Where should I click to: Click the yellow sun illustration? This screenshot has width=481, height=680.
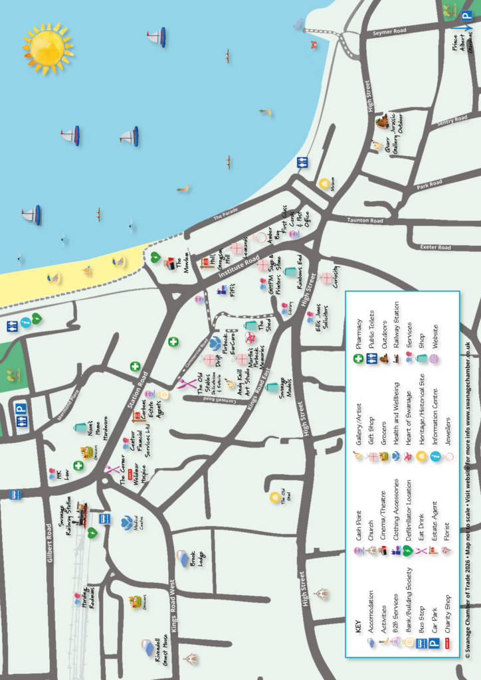coord(48,47)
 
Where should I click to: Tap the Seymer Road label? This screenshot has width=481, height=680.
coord(389,31)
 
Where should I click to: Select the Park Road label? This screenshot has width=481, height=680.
coord(430,183)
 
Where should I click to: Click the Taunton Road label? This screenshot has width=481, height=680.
coord(365,220)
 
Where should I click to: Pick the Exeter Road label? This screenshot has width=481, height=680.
coord(435,248)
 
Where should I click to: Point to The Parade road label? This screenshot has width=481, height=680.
coord(226,214)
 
